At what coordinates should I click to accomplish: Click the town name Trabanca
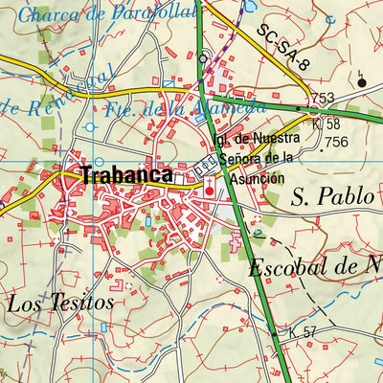(126, 175)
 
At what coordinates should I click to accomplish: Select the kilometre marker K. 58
(327, 124)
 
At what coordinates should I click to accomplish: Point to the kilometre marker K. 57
(302, 332)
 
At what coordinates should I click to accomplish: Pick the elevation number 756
(335, 142)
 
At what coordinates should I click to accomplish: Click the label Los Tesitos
(59, 304)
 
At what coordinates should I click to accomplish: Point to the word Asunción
(258, 177)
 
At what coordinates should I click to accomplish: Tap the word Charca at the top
(48, 14)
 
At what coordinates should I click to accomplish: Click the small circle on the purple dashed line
(203, 58)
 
